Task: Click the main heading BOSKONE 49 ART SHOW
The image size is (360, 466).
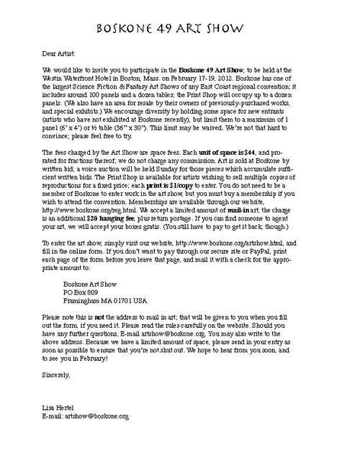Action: tap(180, 29)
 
